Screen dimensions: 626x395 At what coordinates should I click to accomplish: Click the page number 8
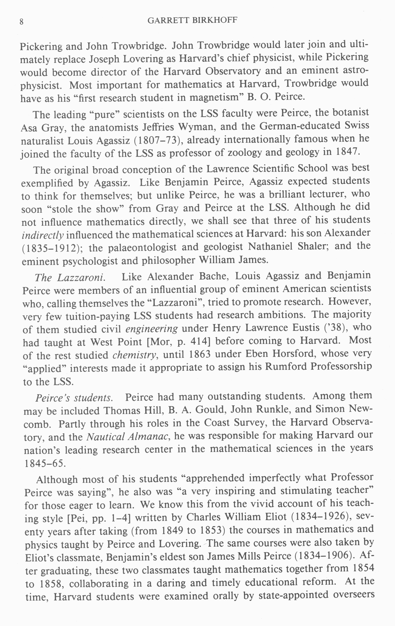coord(22,22)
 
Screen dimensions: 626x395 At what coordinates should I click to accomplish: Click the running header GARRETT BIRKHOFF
coord(192,20)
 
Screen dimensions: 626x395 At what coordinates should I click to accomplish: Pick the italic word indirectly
coord(43,235)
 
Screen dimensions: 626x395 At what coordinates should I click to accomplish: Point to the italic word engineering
coord(151,329)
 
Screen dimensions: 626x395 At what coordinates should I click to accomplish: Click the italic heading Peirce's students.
coord(74,398)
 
